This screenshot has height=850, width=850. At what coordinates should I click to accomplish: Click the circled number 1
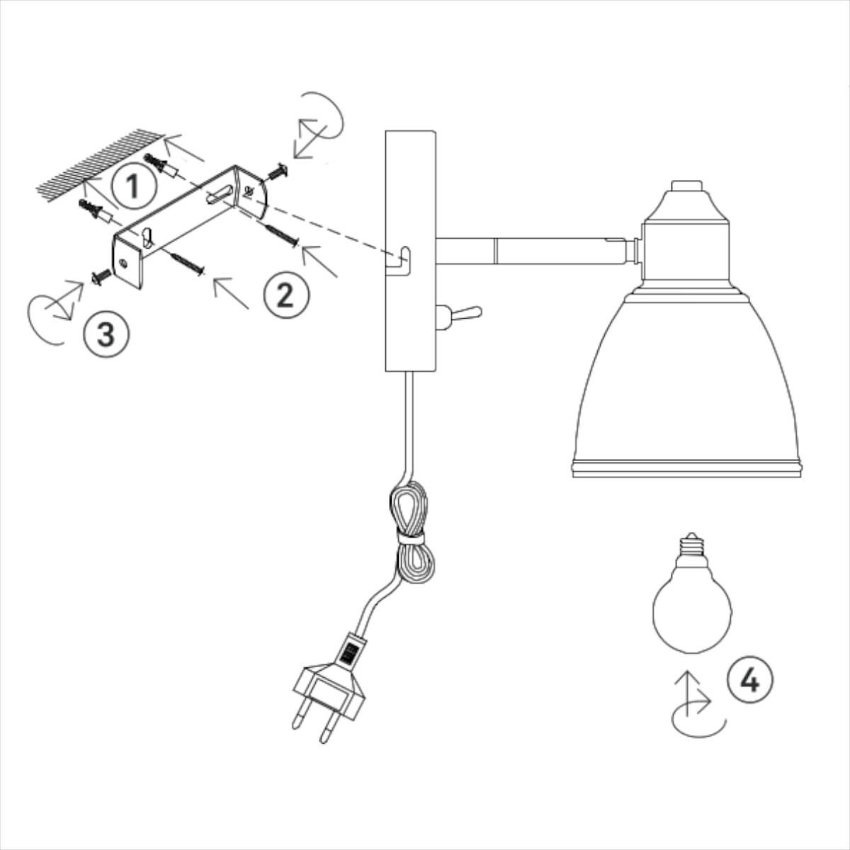click(x=133, y=186)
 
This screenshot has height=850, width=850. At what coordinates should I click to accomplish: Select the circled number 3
click(x=106, y=334)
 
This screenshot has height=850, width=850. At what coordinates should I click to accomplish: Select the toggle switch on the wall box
click(x=459, y=316)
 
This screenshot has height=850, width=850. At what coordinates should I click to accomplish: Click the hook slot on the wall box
click(x=399, y=263)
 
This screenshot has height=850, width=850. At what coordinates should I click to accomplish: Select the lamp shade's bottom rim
click(x=686, y=468)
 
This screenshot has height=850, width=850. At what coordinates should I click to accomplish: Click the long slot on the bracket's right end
click(x=219, y=194)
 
